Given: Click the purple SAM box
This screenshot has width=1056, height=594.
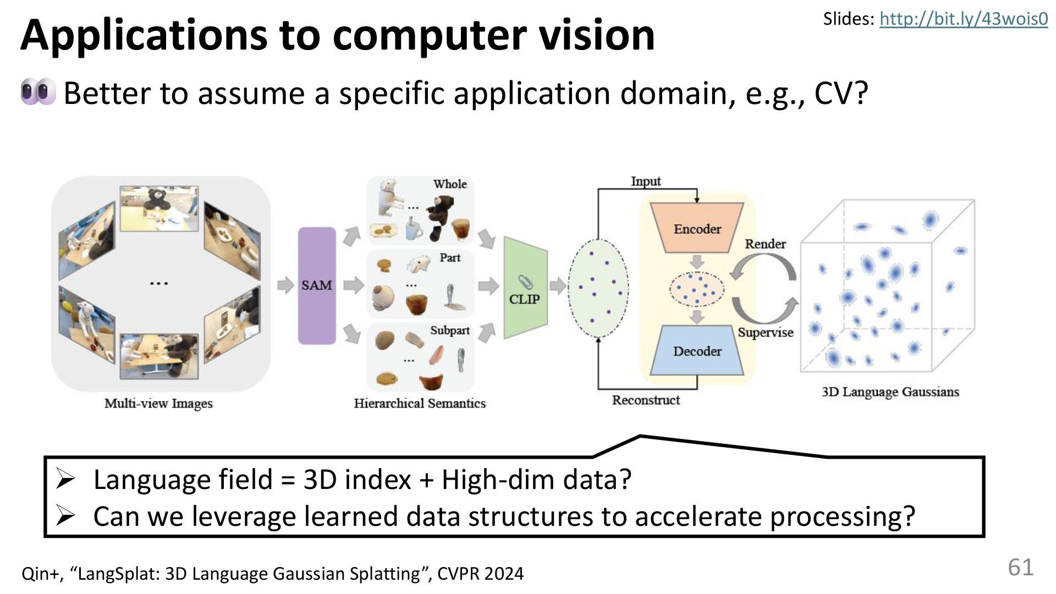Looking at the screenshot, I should [x=316, y=285].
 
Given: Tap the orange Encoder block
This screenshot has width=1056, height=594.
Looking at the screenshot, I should [x=697, y=228].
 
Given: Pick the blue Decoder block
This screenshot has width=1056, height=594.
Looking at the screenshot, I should [x=697, y=351].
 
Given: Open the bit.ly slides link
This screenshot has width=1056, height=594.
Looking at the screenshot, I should [x=964, y=19].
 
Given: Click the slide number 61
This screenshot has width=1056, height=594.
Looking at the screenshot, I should [x=1020, y=567].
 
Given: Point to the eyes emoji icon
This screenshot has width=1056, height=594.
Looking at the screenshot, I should [x=38, y=92].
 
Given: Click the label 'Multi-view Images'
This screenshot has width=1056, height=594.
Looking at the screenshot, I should [x=158, y=403].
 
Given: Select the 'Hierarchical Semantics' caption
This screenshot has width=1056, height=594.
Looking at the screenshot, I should [x=420, y=403].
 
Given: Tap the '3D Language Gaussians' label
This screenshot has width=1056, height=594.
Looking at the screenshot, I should [x=890, y=392].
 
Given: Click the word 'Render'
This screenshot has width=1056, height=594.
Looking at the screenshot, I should [x=765, y=244].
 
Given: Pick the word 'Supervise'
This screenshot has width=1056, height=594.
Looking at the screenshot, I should [x=765, y=332].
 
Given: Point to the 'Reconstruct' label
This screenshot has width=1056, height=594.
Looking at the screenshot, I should [x=646, y=400].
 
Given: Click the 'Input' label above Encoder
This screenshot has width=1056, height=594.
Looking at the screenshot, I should [x=646, y=181].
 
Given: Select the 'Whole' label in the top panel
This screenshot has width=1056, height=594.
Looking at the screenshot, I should [x=450, y=184].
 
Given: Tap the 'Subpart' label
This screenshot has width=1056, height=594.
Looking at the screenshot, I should [x=450, y=330].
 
